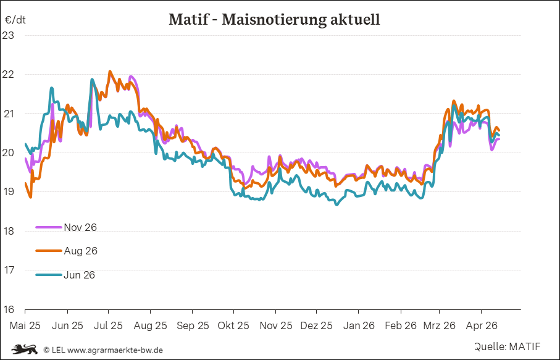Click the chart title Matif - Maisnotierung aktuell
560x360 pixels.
(x=274, y=19)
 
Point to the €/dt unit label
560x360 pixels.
(x=15, y=19)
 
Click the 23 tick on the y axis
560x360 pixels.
(x=8, y=35)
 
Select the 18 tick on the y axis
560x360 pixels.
(x=8, y=231)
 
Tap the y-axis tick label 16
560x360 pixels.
(x=8, y=309)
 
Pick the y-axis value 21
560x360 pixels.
(x=8, y=114)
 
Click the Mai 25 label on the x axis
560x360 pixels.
(x=25, y=325)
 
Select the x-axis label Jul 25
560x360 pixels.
(x=108, y=325)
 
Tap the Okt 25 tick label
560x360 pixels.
(x=233, y=325)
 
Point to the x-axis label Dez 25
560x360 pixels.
(x=317, y=325)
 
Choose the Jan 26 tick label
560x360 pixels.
(x=359, y=325)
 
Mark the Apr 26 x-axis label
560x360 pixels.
(x=481, y=325)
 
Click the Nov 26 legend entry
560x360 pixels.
(x=80, y=227)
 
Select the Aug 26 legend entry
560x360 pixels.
(x=80, y=251)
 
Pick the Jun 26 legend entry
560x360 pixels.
(x=79, y=275)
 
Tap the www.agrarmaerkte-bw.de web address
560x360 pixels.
(x=115, y=350)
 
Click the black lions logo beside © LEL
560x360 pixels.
(x=24, y=350)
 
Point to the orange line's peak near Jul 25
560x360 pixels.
(x=110, y=72)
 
